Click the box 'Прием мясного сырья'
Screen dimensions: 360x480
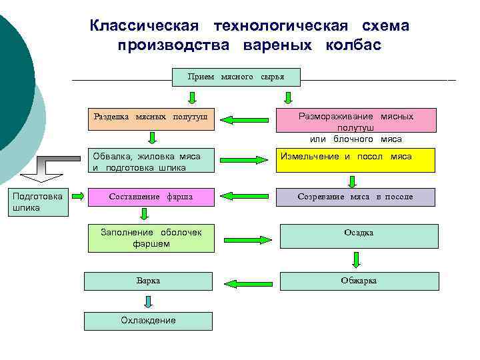(x=236, y=77)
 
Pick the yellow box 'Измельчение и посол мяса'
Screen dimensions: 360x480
(x=357, y=160)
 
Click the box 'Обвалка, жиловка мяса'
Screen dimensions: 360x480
(x=151, y=160)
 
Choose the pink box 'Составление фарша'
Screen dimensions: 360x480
(x=151, y=197)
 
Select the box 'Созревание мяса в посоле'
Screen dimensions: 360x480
(x=356, y=197)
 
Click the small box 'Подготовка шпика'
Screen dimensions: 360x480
(x=38, y=202)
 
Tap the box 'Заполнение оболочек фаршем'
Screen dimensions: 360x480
(x=151, y=238)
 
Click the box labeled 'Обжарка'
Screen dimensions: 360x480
(x=359, y=281)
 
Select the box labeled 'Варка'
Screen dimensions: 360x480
(x=148, y=281)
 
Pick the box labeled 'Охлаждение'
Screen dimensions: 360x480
(x=148, y=321)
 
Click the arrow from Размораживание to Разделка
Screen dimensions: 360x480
(x=243, y=121)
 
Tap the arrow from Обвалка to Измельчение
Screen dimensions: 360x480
(x=245, y=160)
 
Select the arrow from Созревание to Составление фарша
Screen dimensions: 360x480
(x=243, y=197)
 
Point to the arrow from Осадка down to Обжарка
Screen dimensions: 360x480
(x=357, y=259)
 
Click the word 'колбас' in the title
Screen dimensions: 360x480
(x=354, y=46)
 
